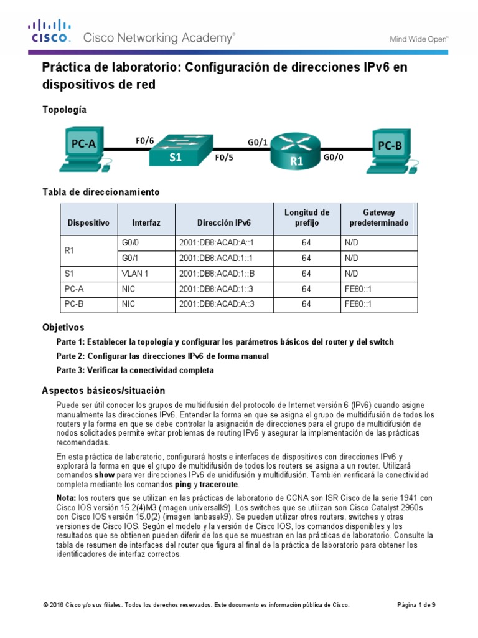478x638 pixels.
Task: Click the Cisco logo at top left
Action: coord(49,31)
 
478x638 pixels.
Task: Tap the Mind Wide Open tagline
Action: coord(419,39)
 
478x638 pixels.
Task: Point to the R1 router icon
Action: coord(296,151)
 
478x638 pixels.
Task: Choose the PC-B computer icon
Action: coord(391,149)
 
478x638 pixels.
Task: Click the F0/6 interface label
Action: coord(144,140)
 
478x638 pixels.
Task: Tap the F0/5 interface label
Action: coord(224,158)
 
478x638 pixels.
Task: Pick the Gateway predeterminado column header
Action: coord(379,217)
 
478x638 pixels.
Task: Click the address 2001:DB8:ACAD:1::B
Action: coord(217,274)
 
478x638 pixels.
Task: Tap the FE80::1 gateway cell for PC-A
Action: coord(357,289)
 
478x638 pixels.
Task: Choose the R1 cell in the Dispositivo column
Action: coord(70,250)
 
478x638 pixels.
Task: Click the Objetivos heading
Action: coord(63,327)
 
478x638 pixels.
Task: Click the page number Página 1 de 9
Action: coord(416,605)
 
